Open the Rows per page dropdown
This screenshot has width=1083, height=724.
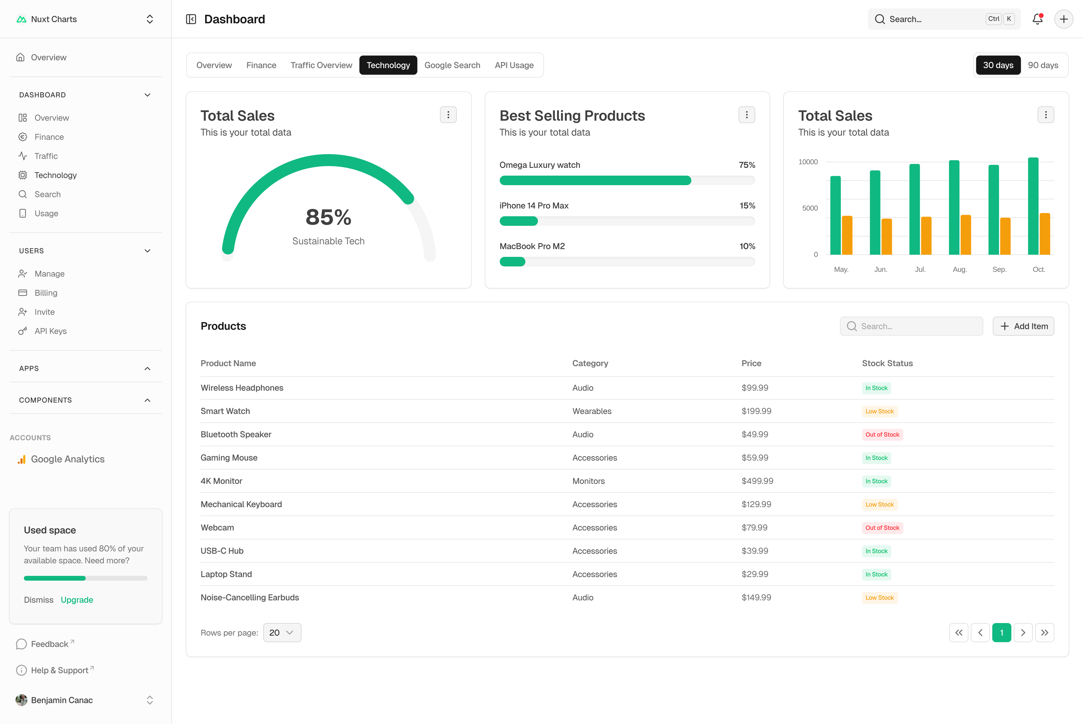(x=282, y=633)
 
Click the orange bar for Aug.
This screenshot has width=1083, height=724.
(x=965, y=234)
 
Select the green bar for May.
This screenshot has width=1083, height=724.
(x=835, y=215)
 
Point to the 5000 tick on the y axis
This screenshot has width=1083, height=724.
(x=810, y=208)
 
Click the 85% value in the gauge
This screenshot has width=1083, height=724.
(x=328, y=217)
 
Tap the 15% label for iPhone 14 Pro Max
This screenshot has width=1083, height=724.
(x=747, y=205)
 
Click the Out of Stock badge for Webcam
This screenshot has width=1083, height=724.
(x=882, y=528)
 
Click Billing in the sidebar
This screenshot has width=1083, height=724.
(x=46, y=293)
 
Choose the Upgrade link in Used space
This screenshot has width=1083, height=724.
(x=77, y=600)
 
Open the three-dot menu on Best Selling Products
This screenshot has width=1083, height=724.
(x=747, y=114)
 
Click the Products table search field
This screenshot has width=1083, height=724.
(x=911, y=326)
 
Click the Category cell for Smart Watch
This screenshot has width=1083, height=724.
(x=592, y=411)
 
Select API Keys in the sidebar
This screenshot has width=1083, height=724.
(x=50, y=331)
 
